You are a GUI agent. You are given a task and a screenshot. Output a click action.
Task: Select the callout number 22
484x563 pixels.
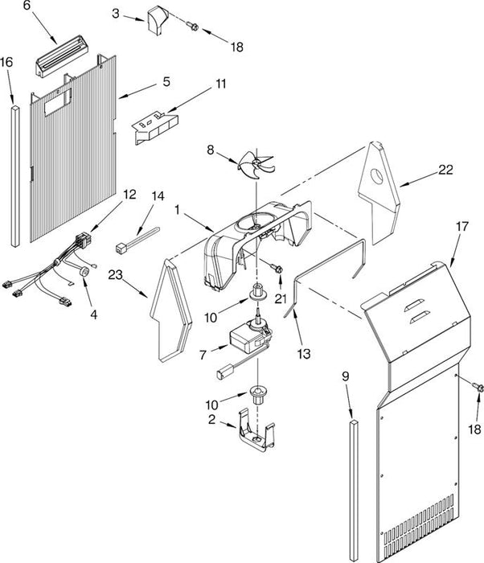[445, 170]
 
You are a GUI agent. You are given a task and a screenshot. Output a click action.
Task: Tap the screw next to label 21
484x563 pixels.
[277, 269]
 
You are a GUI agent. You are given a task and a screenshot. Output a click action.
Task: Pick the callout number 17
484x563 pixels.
[462, 227]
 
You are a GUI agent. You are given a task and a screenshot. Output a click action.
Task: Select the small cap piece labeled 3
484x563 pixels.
[158, 21]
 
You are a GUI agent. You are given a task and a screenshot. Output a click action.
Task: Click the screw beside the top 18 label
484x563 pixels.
[192, 26]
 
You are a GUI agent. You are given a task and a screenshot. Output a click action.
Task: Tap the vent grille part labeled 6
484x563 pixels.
[62, 56]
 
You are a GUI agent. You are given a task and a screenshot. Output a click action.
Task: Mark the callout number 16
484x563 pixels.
[6, 62]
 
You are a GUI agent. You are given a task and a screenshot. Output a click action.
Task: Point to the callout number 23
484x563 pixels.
[116, 275]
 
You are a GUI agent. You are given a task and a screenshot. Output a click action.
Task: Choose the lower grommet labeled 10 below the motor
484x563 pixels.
[257, 395]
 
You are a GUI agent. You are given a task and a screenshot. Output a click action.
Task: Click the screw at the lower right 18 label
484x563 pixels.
[478, 386]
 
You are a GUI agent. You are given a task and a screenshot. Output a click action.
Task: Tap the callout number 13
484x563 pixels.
[304, 354]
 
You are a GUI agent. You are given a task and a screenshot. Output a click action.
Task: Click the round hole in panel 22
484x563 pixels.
[377, 176]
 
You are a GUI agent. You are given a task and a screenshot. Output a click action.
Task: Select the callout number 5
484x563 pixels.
[166, 81]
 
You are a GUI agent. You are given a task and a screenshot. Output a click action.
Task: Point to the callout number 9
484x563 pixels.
[346, 376]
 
